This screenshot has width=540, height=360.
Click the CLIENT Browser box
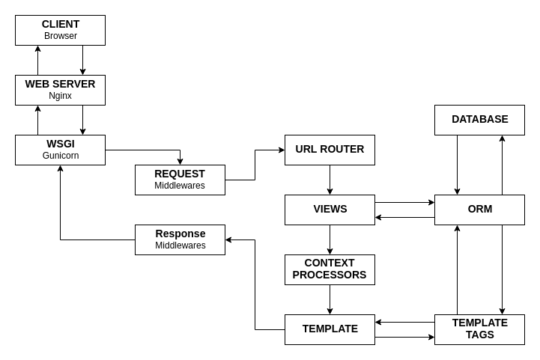click(60, 30)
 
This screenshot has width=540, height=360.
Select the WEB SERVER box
click(60, 90)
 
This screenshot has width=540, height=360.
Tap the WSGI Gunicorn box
click(60, 150)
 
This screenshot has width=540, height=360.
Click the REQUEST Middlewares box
click(180, 180)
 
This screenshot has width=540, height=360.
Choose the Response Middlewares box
click(180, 240)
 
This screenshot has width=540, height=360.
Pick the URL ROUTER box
click(330, 150)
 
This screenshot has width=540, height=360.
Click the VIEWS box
click(330, 210)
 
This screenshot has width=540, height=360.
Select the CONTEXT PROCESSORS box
click(330, 269)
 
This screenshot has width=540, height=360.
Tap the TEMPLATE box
click(330, 329)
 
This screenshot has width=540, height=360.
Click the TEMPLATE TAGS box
click(479, 329)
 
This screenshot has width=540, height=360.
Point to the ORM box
click(479, 210)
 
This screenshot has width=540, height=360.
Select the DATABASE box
click(479, 120)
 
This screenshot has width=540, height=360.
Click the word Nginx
click(60, 96)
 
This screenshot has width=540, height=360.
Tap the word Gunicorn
click(60, 156)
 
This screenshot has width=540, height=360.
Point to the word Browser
click(60, 36)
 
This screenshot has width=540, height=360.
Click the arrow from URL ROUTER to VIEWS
click(330, 180)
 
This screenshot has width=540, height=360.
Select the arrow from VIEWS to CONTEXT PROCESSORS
click(330, 240)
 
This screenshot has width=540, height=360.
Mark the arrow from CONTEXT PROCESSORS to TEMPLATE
click(330, 299)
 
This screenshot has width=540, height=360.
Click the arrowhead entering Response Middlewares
click(228, 240)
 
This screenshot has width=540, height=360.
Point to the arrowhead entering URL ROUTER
click(282, 150)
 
